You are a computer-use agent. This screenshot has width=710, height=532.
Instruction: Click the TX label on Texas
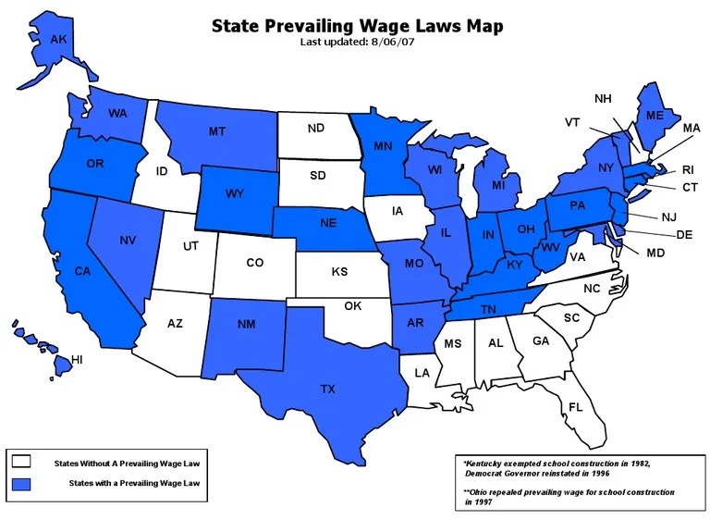(x=327, y=390)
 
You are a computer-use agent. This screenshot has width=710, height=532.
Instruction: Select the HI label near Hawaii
(x=77, y=359)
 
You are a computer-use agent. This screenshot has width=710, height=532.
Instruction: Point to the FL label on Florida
(x=575, y=407)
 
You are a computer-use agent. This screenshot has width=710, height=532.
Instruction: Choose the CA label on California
(x=82, y=271)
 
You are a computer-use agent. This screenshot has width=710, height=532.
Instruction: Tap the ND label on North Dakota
(x=314, y=129)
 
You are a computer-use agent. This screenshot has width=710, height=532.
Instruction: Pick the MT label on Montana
(x=217, y=131)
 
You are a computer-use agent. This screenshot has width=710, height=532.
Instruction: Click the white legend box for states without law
(x=21, y=461)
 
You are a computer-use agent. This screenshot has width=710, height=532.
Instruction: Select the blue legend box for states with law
(x=21, y=484)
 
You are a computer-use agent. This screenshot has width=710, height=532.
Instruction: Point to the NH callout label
(x=602, y=99)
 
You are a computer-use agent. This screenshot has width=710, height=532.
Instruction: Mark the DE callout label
(x=684, y=235)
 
